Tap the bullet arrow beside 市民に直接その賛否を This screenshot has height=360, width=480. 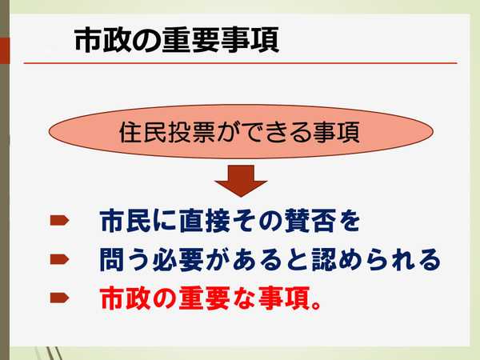59,219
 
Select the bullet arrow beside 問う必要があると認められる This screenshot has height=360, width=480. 59,258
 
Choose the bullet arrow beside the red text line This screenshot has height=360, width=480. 59,298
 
